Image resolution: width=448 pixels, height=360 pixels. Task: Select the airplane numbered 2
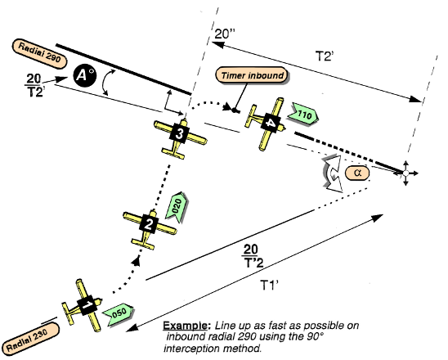click(148, 223)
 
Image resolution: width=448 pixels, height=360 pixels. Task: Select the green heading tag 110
click(303, 115)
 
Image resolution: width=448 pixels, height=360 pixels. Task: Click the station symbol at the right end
click(405, 174)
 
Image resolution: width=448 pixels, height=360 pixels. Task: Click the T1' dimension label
click(271, 287)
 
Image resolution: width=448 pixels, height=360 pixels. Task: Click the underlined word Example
click(186, 324)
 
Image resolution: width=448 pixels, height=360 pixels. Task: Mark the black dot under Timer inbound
click(235, 109)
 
